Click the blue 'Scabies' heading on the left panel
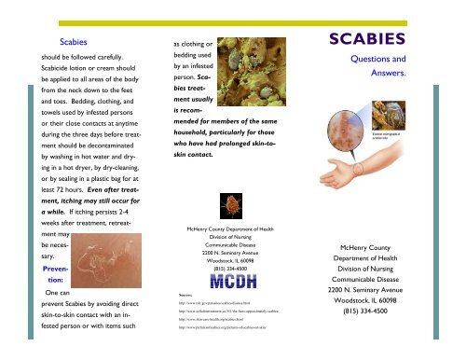[x=73, y=42]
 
